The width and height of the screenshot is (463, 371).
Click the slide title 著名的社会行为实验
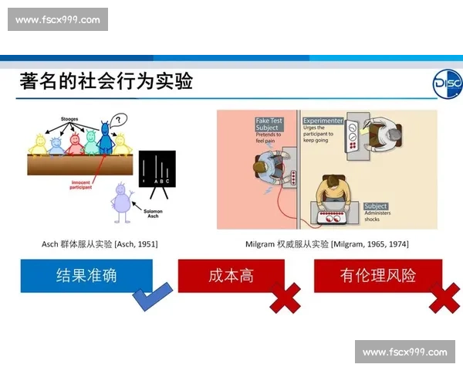point(106,82)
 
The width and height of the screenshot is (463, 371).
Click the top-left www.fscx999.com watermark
point(58,19)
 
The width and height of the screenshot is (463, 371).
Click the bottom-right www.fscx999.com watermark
point(404,352)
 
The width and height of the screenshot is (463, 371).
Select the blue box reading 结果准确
point(86,275)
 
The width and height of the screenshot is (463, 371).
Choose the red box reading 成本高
point(231,275)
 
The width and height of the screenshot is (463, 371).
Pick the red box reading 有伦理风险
point(377,275)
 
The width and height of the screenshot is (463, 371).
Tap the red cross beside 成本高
point(285,298)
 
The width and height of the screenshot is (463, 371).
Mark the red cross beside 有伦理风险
point(444,298)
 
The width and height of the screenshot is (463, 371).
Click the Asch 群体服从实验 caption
point(100,244)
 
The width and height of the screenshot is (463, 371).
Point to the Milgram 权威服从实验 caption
point(327,244)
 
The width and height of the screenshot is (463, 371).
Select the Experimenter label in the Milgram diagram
point(323,121)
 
